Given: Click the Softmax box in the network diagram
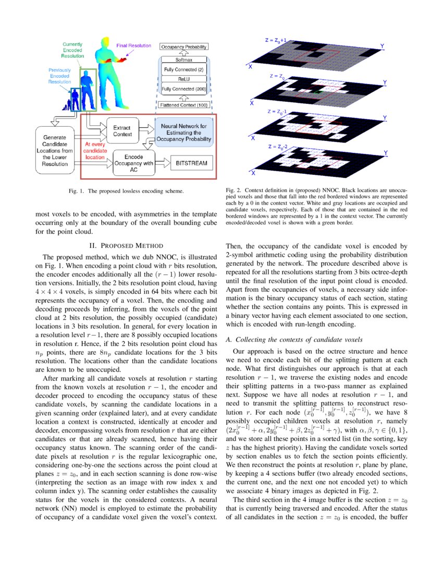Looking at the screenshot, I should [184, 60].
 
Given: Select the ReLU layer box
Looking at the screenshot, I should [184, 79].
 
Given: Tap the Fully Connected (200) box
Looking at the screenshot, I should [184, 89].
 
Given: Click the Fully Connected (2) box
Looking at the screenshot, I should [184, 69].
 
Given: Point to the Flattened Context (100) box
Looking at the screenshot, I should [184, 105].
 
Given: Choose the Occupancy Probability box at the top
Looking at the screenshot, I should [184, 47].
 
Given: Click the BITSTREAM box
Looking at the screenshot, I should [191, 163].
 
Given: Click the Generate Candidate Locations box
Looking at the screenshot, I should [56, 149].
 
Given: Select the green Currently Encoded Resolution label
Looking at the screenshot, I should [72, 50].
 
